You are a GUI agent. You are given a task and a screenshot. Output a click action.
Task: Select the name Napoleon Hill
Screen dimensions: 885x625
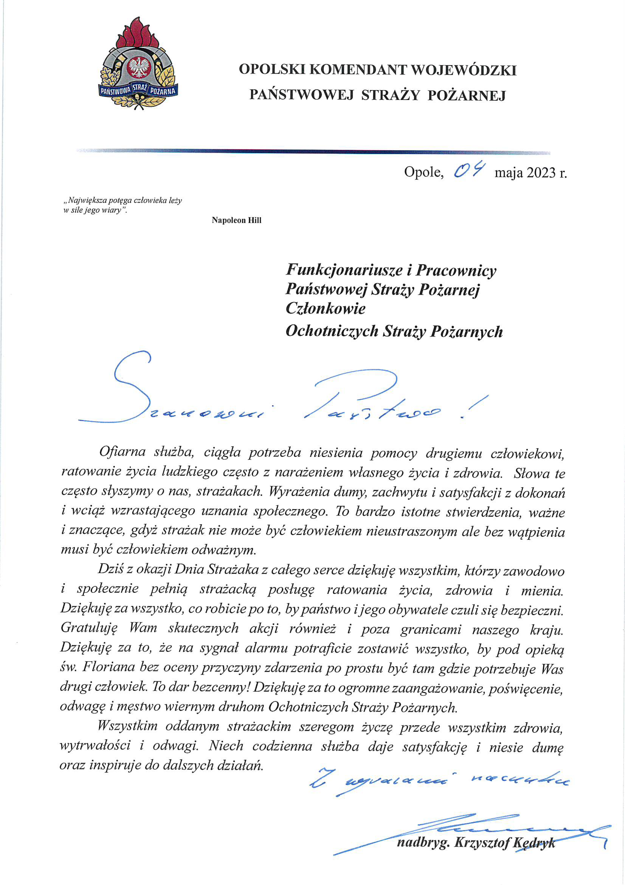[x=236, y=220]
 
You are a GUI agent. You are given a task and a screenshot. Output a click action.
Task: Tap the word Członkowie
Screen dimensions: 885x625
[x=325, y=308]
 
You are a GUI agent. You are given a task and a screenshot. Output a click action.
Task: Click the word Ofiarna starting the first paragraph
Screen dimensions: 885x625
[x=123, y=452]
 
